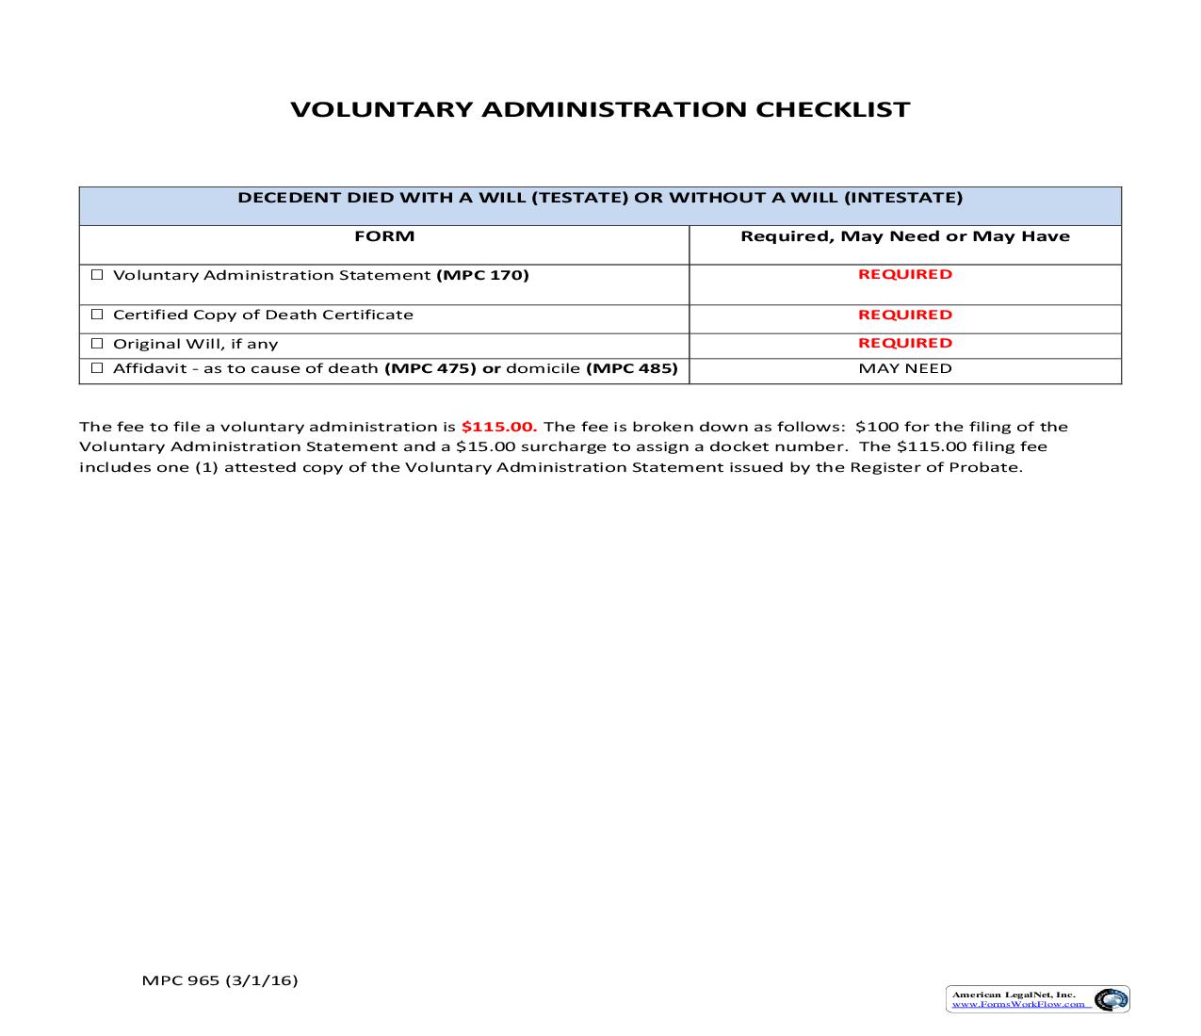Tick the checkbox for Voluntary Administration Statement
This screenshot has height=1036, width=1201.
click(96, 275)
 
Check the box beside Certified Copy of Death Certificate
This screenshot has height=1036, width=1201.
click(96, 315)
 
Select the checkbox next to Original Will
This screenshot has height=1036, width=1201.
click(96, 344)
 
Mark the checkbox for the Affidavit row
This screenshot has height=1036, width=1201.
click(96, 368)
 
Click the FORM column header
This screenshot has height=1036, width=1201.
click(384, 236)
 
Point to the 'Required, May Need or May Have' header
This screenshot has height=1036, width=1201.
click(904, 236)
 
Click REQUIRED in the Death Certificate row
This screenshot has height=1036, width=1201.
click(904, 315)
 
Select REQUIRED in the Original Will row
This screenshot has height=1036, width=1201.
click(904, 343)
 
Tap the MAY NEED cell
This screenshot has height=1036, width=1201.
click(904, 368)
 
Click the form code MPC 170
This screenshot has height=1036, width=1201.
click(482, 275)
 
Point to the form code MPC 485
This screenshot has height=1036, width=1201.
click(632, 368)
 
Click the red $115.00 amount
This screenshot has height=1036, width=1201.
click(498, 427)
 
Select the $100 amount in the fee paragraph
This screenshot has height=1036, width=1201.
click(877, 427)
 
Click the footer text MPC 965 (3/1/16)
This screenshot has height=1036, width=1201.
click(219, 980)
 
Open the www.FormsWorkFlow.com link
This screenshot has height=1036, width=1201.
click(1018, 1005)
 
